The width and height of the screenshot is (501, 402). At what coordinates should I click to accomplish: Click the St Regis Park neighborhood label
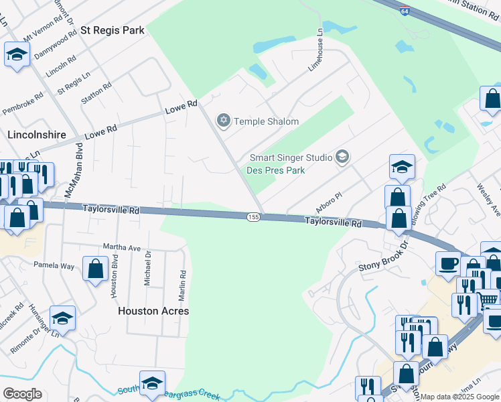pyautogui.click(x=113, y=30)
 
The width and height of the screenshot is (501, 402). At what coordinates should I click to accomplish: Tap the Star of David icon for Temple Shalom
pyautogui.click(x=223, y=121)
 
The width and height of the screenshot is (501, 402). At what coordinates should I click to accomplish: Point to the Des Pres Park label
pyautogui.click(x=277, y=170)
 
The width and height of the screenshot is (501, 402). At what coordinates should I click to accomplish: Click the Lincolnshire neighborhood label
pyautogui.click(x=36, y=135)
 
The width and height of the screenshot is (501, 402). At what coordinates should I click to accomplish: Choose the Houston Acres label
pyautogui.click(x=153, y=311)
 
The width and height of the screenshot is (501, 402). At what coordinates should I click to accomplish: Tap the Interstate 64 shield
pyautogui.click(x=422, y=30)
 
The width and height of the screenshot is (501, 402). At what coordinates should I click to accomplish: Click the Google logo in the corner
pyautogui.click(x=21, y=394)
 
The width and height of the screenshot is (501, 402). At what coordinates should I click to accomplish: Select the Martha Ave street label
pyautogui.click(x=121, y=247)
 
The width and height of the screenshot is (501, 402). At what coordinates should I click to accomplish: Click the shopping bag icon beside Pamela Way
pyautogui.click(x=96, y=269)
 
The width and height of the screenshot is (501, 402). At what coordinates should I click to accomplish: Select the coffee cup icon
pyautogui.click(x=448, y=263)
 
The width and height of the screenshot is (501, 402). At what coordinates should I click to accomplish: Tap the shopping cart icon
pyautogui.click(x=488, y=299)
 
